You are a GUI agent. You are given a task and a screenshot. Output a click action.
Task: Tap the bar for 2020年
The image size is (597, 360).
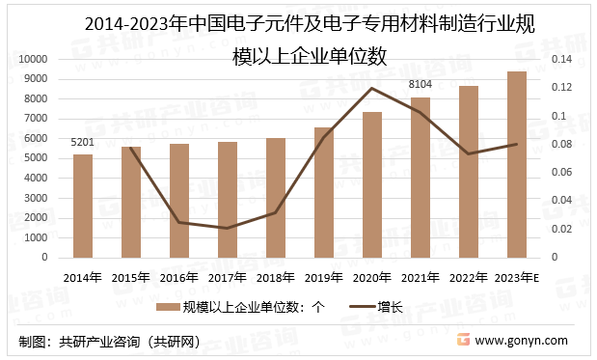point(372,184)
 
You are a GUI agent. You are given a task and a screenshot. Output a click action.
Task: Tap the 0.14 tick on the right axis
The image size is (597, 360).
point(561,59)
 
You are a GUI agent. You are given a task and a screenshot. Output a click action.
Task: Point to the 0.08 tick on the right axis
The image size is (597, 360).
point(561,144)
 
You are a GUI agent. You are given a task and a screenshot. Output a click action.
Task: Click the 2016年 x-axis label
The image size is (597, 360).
point(179,277)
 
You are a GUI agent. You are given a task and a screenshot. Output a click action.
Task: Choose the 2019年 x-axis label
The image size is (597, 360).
point(324,277)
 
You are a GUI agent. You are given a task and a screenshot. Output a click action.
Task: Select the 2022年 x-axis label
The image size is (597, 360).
point(469,277)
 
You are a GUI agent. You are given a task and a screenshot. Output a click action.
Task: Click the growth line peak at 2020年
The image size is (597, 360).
point(372,88)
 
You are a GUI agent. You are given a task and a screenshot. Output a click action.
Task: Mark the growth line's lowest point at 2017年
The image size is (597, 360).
point(228,229)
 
